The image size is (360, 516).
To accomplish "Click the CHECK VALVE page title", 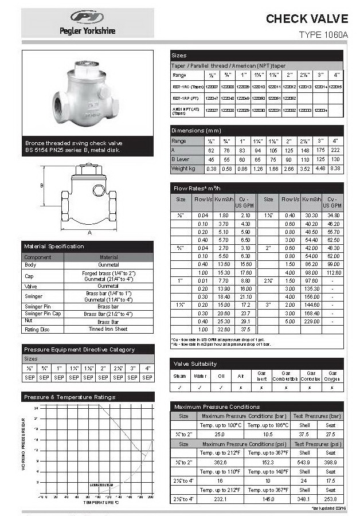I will pyautogui.click(x=307, y=19).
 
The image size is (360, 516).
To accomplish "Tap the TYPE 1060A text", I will pyautogui.click(x=323, y=35).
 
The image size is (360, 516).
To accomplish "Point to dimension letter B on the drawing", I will pyautogui.click(x=41, y=186).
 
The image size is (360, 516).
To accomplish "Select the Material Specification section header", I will pyautogui.click(x=54, y=246).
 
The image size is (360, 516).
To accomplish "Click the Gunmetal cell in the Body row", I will pyautogui.click(x=108, y=265).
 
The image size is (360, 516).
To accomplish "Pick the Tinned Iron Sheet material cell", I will pyautogui.click(x=108, y=329).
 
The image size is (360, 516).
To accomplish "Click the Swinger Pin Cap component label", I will pyautogui.click(x=42, y=314).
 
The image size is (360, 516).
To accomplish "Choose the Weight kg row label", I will pyautogui.click(x=184, y=169).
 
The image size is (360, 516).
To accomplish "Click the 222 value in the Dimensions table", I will pyautogui.click(x=336, y=150).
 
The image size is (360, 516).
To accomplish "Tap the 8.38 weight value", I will pyautogui.click(x=336, y=169).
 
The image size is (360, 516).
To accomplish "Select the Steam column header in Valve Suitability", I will pyautogui.click(x=179, y=376).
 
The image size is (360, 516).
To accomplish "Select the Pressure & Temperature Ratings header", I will pyautogui.click(x=69, y=397).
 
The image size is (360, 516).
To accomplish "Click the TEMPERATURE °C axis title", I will pyautogui.click(x=100, y=502).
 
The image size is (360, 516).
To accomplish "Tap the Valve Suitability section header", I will pyautogui.click(x=195, y=363).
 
